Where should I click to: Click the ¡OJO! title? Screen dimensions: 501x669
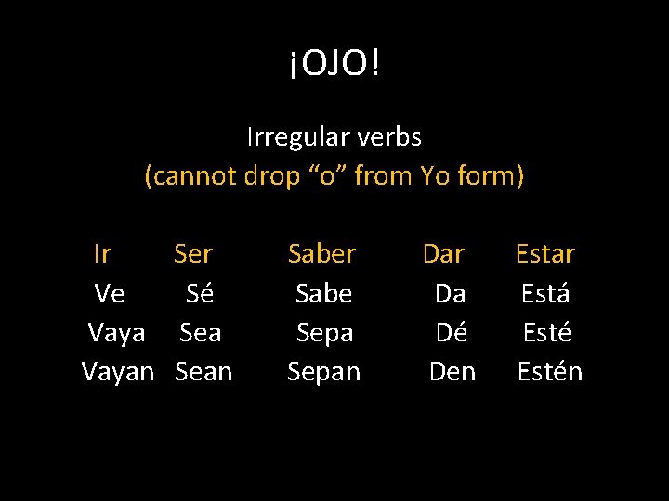pyautogui.click(x=334, y=64)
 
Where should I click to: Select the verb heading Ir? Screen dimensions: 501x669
pyautogui.click(x=103, y=253)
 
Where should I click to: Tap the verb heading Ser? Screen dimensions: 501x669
pyautogui.click(x=193, y=253)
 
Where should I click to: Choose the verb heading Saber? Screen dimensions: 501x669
pyautogui.click(x=322, y=253)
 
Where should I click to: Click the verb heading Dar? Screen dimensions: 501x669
pyautogui.click(x=443, y=253)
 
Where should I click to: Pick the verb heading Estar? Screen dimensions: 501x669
pyautogui.click(x=545, y=253)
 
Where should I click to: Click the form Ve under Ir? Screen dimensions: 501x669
pyautogui.click(x=110, y=293)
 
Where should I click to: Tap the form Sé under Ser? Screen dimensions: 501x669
pyautogui.click(x=200, y=293)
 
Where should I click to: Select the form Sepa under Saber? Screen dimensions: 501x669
pyautogui.click(x=324, y=332)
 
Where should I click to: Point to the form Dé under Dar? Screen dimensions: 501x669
pyautogui.click(x=452, y=332)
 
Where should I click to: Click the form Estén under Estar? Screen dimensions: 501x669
pyautogui.click(x=549, y=372)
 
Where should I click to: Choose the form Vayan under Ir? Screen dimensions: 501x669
pyautogui.click(x=118, y=372)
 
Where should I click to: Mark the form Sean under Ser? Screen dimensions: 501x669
pyautogui.click(x=203, y=372)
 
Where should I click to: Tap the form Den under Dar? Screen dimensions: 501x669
pyautogui.click(x=453, y=372)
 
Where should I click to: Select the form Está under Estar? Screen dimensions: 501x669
pyautogui.click(x=545, y=293)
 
